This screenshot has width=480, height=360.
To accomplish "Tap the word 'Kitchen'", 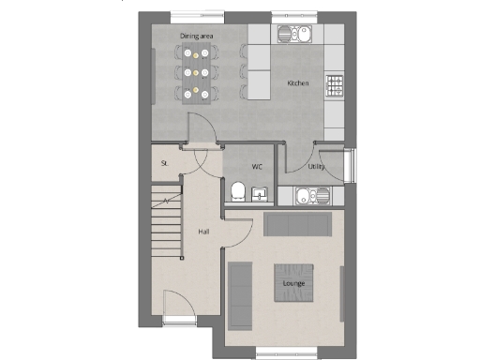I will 298,83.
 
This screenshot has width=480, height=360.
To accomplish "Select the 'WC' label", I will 256,167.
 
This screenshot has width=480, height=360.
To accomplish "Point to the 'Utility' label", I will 316,167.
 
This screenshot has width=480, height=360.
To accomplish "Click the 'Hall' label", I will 203,231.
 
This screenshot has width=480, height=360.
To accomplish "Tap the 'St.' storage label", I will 164,162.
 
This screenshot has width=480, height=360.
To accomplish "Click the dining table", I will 195,70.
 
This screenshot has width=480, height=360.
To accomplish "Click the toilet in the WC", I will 238,193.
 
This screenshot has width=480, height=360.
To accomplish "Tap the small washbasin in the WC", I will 261,195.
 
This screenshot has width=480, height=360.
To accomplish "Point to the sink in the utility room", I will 309,197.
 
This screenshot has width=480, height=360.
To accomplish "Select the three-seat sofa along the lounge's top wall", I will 297,226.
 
